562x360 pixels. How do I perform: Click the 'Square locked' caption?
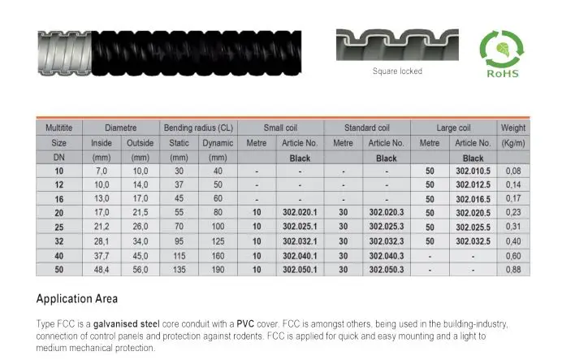397,71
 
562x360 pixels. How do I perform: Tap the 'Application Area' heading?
77,297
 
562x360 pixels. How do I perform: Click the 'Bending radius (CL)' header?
198,128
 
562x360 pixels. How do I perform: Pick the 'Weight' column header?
513,128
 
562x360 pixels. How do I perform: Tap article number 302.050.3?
386,267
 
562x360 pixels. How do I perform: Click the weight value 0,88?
513,267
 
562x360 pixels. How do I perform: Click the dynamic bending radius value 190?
217,267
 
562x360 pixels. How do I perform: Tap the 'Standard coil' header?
367,128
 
